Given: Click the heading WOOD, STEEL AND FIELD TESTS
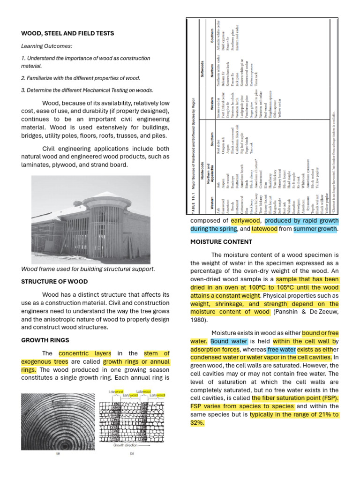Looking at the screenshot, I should [67, 34].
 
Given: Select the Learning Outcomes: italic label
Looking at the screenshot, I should [46, 46].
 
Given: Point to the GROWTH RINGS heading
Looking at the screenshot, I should [45, 340].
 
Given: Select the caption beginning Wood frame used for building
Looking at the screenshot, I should [88, 270].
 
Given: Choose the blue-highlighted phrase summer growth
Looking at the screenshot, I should [315, 229].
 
